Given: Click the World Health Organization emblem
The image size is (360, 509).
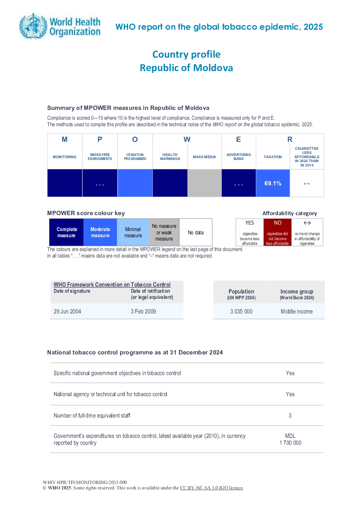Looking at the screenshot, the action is (x=33, y=26).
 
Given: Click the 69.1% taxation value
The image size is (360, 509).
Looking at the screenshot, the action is (x=273, y=183).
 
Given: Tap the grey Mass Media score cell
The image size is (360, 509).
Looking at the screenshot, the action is (x=204, y=183).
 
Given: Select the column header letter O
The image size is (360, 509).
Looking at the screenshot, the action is (x=135, y=139).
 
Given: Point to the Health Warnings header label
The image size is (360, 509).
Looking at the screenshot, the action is (x=170, y=157).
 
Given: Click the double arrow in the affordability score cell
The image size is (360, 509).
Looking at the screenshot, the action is (x=307, y=184).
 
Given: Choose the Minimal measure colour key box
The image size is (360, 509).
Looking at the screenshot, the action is (x=133, y=232).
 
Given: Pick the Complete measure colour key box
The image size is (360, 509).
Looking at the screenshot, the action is (x=66, y=232).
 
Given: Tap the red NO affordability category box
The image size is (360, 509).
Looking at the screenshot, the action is (x=278, y=232).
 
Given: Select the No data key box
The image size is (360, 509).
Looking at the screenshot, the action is (x=196, y=232).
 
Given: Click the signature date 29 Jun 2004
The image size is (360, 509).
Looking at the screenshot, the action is (x=67, y=311).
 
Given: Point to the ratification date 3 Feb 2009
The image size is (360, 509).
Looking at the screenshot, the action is (x=143, y=311).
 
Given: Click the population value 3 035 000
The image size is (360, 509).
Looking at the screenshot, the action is (x=241, y=311).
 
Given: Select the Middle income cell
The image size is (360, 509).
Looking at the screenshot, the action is (x=296, y=311).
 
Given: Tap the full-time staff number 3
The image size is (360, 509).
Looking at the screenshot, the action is (x=290, y=416).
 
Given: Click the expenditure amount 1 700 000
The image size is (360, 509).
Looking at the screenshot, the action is (x=290, y=443).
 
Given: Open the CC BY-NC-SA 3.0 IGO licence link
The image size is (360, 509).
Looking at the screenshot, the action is (x=211, y=488).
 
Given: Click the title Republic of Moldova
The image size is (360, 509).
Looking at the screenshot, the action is (x=187, y=68).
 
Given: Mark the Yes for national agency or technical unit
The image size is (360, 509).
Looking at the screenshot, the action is (x=290, y=394).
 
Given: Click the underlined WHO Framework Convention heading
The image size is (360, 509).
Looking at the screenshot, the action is (x=112, y=284).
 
